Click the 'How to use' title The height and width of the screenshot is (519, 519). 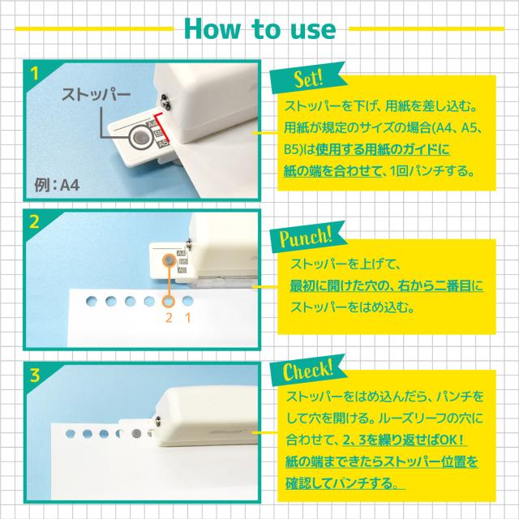[x=259, y=29]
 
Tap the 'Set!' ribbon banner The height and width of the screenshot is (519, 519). [x=307, y=78]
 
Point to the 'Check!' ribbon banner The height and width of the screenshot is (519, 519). [x=307, y=370]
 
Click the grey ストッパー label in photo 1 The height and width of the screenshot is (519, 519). [x=96, y=94]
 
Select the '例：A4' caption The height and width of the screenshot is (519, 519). [x=57, y=185]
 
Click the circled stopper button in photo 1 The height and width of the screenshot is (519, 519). [x=141, y=137]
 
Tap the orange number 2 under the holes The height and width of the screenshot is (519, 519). [x=169, y=318]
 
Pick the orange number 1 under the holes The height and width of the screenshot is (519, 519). [x=188, y=318]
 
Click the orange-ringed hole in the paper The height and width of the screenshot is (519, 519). [x=169, y=301]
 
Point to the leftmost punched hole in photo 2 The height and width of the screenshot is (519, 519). [x=92, y=301]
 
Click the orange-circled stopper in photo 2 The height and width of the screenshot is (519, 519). [x=169, y=260]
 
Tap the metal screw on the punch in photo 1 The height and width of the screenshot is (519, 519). [x=165, y=101]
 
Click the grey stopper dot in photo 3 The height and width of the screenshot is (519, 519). [x=136, y=434]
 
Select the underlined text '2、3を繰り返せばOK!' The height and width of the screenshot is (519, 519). [x=404, y=440]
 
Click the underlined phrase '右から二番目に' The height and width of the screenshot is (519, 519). [x=440, y=285]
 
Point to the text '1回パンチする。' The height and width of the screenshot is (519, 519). [x=432, y=170]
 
